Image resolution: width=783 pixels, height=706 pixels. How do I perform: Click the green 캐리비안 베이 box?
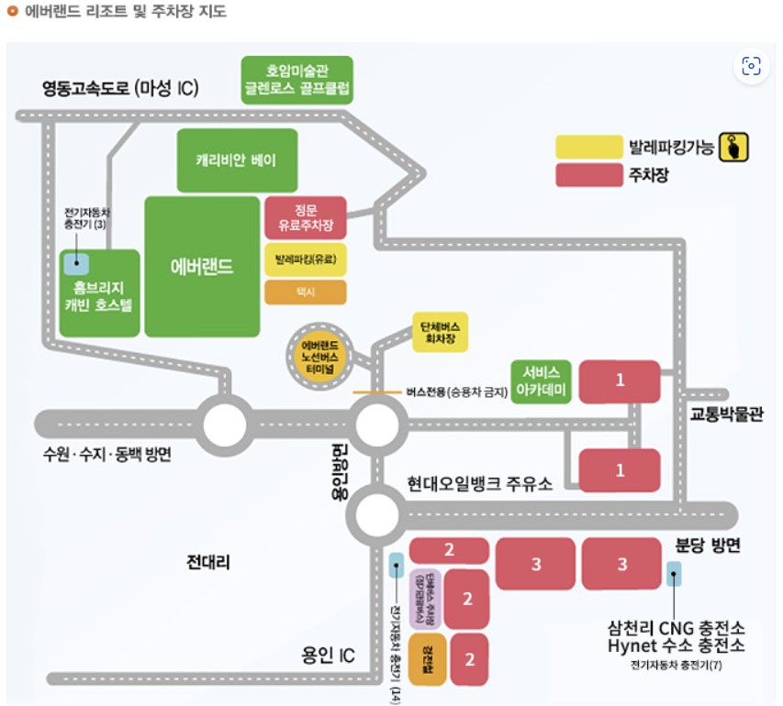tap(237, 160)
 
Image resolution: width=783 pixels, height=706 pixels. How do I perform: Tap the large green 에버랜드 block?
tap(202, 267)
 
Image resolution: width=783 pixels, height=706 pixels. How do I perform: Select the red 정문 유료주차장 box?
tap(305, 217)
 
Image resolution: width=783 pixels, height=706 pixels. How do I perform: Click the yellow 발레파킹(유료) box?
tap(305, 259)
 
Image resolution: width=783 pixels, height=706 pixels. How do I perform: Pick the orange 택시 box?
tap(305, 292)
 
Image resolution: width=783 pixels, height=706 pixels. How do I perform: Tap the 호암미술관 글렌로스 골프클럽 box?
tap(296, 80)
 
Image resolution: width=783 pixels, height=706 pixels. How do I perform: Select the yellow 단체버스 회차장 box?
tap(439, 332)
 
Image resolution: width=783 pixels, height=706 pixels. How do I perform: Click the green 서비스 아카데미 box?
tap(541, 381)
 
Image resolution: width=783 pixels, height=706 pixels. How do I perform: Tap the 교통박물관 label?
tap(726, 414)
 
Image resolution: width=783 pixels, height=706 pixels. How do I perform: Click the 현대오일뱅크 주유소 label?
tap(479, 483)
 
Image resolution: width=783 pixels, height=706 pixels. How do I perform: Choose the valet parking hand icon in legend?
tap(734, 147)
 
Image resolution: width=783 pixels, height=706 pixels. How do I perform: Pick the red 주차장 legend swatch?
tap(588, 175)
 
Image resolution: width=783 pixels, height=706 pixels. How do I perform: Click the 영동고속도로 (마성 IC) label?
tap(120, 89)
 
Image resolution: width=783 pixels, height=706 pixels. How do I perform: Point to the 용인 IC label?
tap(328, 655)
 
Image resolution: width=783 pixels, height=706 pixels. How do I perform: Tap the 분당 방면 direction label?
tap(708, 545)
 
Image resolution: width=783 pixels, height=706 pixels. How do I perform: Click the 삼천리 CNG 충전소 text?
tap(676, 628)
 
